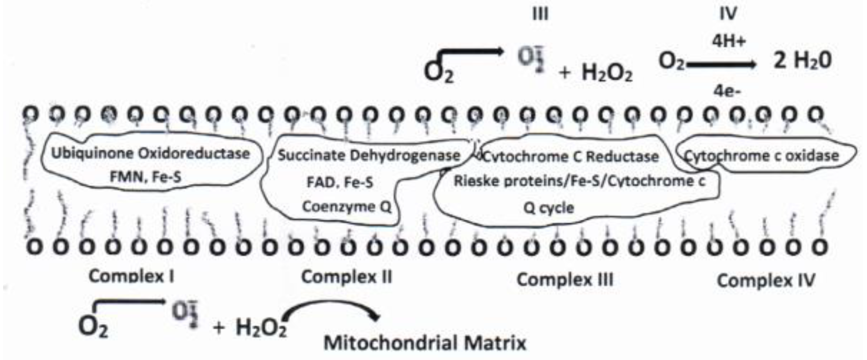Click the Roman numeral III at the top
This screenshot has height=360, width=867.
[540, 14]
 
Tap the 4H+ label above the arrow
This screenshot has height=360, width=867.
[729, 41]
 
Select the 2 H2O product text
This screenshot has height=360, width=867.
[803, 61]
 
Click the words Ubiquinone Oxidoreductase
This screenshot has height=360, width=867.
[150, 154]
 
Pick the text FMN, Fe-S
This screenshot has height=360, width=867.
[145, 177]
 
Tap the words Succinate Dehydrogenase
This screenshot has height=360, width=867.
[369, 156]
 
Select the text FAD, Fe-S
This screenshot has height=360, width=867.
[340, 183]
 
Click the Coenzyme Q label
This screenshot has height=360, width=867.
[347, 207]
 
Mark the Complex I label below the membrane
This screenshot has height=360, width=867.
[132, 277]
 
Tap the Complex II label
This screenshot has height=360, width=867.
[347, 277]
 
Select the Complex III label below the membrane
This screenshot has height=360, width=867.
[565, 279]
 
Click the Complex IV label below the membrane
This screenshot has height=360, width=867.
[766, 280]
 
